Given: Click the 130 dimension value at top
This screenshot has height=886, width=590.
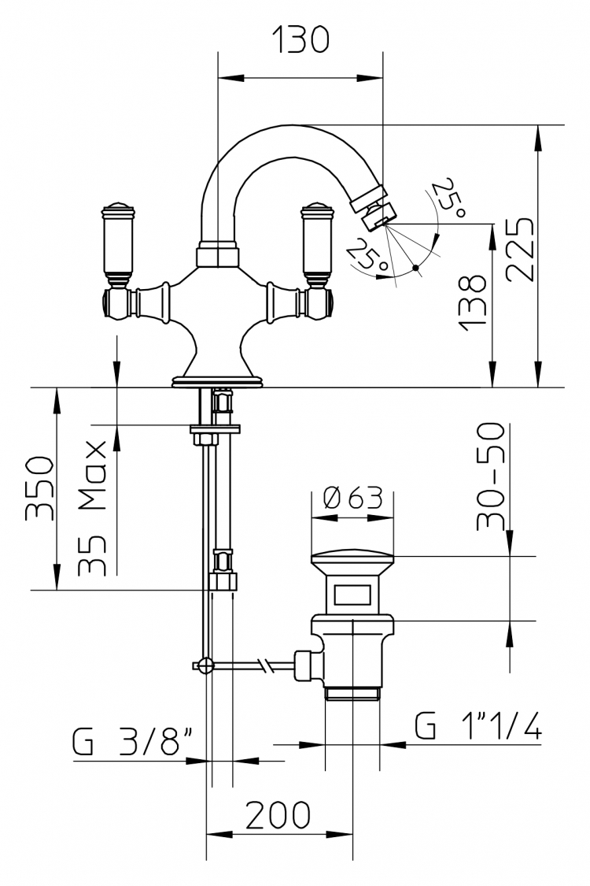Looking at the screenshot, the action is [x=301, y=39].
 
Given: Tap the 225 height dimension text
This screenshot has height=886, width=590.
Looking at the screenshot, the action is [x=519, y=249].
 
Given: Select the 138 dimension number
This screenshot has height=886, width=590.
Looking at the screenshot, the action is [x=472, y=302].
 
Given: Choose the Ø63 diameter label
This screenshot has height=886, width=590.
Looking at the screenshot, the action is [x=353, y=498].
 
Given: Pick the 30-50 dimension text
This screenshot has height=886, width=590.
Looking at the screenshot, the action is [x=489, y=476].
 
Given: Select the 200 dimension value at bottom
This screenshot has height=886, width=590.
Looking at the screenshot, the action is [x=278, y=815].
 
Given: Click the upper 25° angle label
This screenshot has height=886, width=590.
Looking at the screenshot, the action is [x=449, y=198].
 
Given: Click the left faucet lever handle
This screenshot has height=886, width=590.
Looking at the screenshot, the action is [x=119, y=243].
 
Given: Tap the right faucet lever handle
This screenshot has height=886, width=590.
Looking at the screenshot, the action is [x=319, y=243].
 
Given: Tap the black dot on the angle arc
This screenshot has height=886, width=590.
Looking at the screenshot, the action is [x=415, y=267].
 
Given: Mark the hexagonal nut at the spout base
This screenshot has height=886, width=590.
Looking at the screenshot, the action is [x=217, y=254].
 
